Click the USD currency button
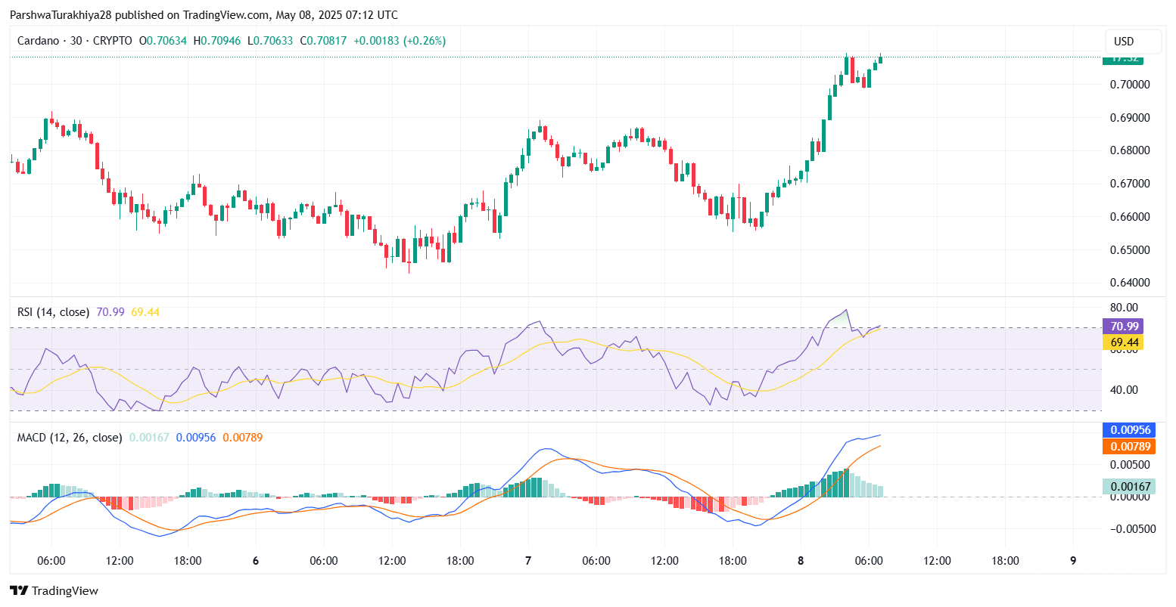pos(1134,42)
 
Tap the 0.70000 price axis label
pos(1130,85)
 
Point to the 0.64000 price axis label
pos(1130,283)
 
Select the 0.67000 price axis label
pos(1130,184)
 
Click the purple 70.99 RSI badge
pos(1122,327)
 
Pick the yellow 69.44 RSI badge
pos(1122,342)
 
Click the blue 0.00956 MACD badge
pos(1130,430)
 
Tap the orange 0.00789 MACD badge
pos(1130,447)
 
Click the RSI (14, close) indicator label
pos(53,312)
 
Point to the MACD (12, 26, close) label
pos(70,438)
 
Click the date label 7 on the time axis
pos(528,561)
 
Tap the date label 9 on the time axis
pos(1073,561)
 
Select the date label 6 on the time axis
pos(256,561)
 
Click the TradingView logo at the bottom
pos(54,591)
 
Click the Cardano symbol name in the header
pos(38,41)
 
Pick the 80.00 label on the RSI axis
pos(1125,308)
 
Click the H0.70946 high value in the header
pos(217,41)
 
